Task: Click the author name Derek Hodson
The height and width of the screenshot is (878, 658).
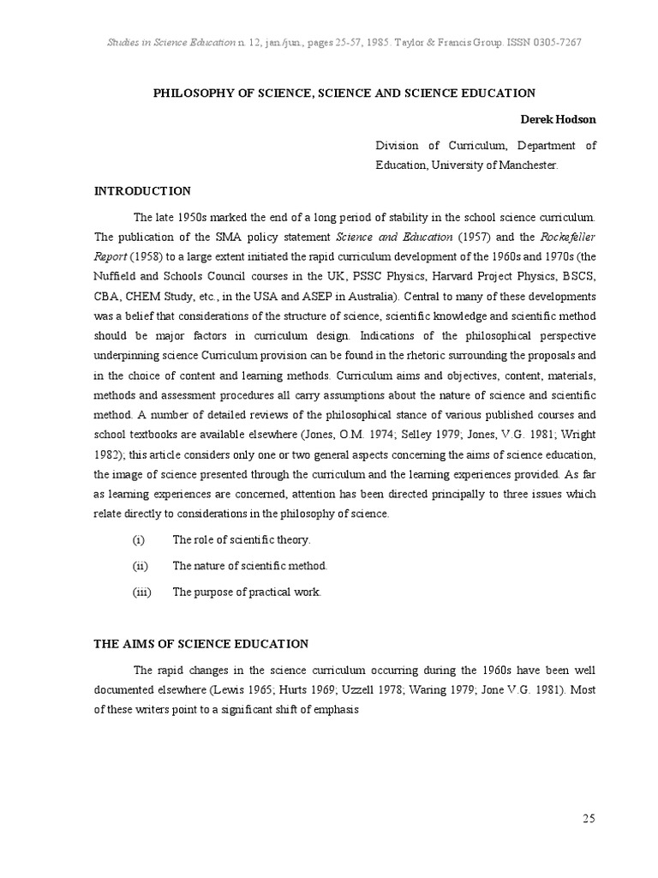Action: tap(559, 119)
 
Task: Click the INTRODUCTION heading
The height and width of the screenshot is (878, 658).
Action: tap(142, 190)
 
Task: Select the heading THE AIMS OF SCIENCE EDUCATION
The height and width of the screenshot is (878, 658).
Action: tap(200, 643)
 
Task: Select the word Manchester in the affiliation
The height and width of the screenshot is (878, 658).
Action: tap(529, 165)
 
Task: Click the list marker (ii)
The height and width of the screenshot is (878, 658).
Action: tap(141, 566)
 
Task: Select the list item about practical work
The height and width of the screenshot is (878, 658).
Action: tap(247, 592)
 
